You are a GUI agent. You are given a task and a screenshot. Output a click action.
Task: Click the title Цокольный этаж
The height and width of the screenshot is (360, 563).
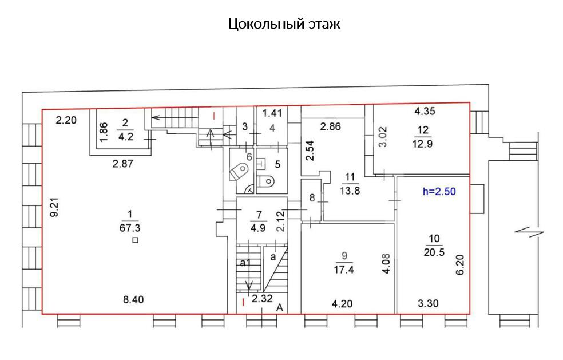284,25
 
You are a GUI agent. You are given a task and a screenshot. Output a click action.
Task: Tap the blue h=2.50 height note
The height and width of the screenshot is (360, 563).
439,192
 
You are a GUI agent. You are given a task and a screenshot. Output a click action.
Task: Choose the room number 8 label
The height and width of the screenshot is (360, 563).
312,199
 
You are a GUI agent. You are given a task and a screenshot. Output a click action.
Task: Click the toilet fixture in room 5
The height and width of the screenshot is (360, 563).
267,181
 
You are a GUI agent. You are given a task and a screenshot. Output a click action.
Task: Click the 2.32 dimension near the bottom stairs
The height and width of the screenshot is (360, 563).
261,298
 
